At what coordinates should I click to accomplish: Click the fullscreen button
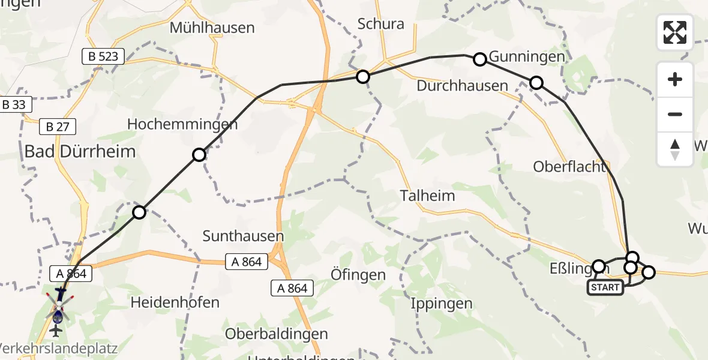pyautogui.click(x=675, y=32)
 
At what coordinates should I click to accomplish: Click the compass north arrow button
pyautogui.click(x=675, y=149)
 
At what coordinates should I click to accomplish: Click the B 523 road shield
pyautogui.click(x=103, y=57)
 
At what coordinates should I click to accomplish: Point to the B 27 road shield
pyautogui.click(x=56, y=127)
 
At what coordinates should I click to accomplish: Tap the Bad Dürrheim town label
pyautogui.click(x=80, y=151)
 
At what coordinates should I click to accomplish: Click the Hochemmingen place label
pyautogui.click(x=182, y=124)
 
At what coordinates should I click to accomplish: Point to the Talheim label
pyautogui.click(x=428, y=196)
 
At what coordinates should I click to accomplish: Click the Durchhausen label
pyautogui.click(x=463, y=86)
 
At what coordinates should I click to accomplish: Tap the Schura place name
pyautogui.click(x=380, y=24)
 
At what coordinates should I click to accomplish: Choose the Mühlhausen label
pyautogui.click(x=212, y=27)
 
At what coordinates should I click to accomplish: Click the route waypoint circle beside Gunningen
pyautogui.click(x=480, y=59)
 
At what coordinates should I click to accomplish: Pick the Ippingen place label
pyautogui.click(x=442, y=304)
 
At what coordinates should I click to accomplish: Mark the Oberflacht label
pyautogui.click(x=570, y=167)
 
